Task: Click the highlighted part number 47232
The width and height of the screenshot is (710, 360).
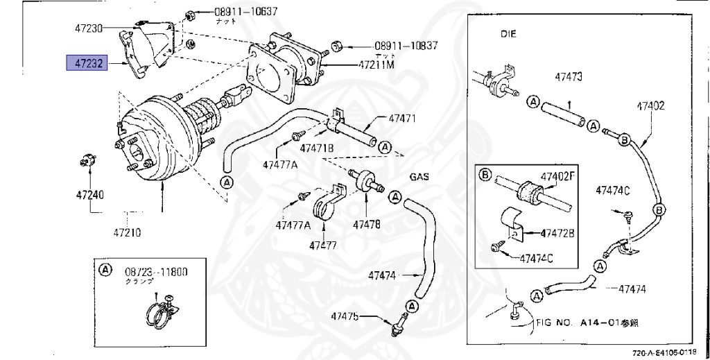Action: click(85, 64)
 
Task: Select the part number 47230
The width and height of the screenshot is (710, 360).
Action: click(89, 28)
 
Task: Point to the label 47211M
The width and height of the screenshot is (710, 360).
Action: click(376, 65)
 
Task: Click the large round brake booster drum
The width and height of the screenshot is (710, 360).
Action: click(156, 149)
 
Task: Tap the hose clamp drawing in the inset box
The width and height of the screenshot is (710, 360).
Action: click(164, 313)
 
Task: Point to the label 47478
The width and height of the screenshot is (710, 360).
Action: click(366, 224)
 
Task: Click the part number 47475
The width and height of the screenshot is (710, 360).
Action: click(345, 316)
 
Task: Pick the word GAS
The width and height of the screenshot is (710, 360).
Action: click(419, 176)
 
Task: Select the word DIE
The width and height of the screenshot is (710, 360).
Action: click(510, 33)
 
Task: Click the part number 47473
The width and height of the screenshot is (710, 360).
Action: click(568, 76)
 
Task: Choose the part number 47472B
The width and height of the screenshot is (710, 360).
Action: click(557, 232)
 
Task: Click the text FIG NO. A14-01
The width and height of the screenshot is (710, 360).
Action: click(587, 323)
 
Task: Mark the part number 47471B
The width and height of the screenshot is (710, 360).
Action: click(317, 148)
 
